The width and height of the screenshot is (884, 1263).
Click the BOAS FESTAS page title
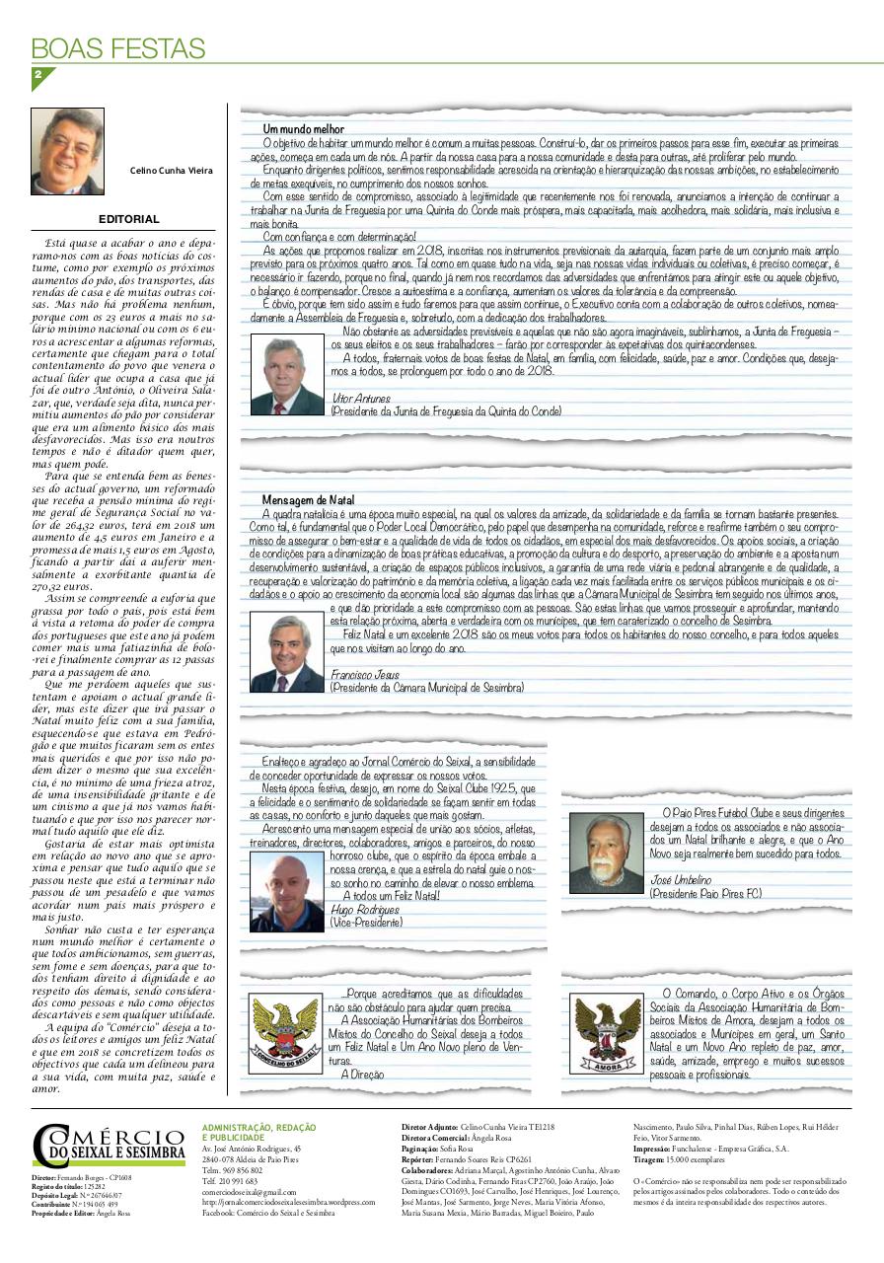coord(118,48)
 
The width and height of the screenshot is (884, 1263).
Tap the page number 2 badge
coord(39,76)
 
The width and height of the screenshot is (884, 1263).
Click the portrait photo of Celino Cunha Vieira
coord(67,151)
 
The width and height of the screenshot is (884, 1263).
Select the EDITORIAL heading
coord(128,219)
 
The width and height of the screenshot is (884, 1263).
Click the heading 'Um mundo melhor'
coord(303,129)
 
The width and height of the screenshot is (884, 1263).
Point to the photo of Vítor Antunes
coord(287,376)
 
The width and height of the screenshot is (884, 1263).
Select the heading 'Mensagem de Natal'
coord(308,501)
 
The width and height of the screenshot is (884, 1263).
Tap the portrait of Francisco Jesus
coord(287,652)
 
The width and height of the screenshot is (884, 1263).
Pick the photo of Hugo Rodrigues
coord(287,892)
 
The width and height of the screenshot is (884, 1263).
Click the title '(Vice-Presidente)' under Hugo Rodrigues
coord(366,921)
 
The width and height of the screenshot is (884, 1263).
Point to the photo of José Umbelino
coord(606,854)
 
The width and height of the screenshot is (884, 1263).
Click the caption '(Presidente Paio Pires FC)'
coord(704,893)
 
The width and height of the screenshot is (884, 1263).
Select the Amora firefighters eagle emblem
coord(606,1033)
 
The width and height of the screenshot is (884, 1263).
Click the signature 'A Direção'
coord(363,1073)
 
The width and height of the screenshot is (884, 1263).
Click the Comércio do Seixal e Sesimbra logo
coord(109,1145)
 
